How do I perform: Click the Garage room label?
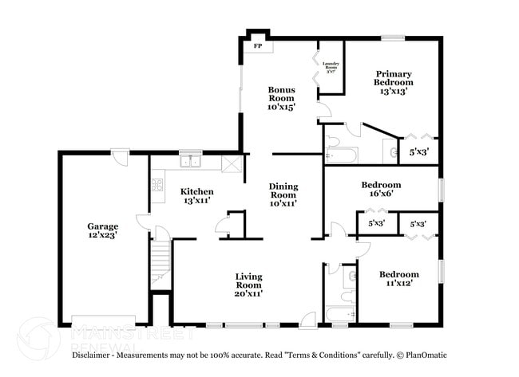pos(103,231)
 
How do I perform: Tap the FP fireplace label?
pos(258,47)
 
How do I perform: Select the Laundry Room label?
pos(331,67)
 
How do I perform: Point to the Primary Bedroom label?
pos(394,82)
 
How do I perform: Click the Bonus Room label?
pos(282,98)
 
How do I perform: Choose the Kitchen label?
pos(196,195)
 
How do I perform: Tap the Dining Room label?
pos(283,194)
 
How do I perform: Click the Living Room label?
pos(248,285)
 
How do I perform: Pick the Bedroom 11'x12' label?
pos(399,279)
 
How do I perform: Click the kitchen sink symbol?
pos(190,162)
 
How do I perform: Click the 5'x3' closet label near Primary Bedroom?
pos(418,151)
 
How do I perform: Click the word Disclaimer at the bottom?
pos(97,355)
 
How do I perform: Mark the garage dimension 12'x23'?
pos(103,236)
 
